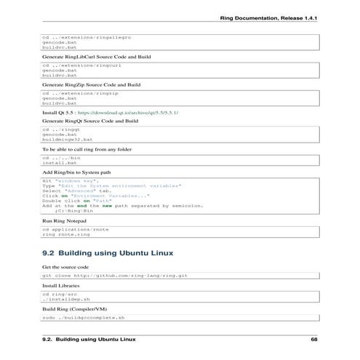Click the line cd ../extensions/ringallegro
pyautogui.click(x=86, y=36)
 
